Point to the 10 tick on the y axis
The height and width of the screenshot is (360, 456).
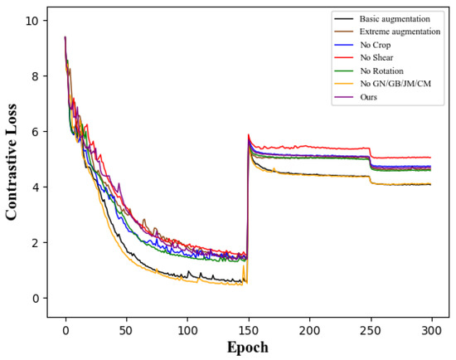32,21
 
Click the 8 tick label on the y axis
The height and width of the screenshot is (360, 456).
36,76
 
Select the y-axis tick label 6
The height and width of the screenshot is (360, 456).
36,132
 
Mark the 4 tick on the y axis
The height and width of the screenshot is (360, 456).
36,187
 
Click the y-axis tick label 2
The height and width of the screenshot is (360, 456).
36,243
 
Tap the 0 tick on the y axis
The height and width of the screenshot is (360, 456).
36,299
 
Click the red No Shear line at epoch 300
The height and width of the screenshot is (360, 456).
430,157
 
